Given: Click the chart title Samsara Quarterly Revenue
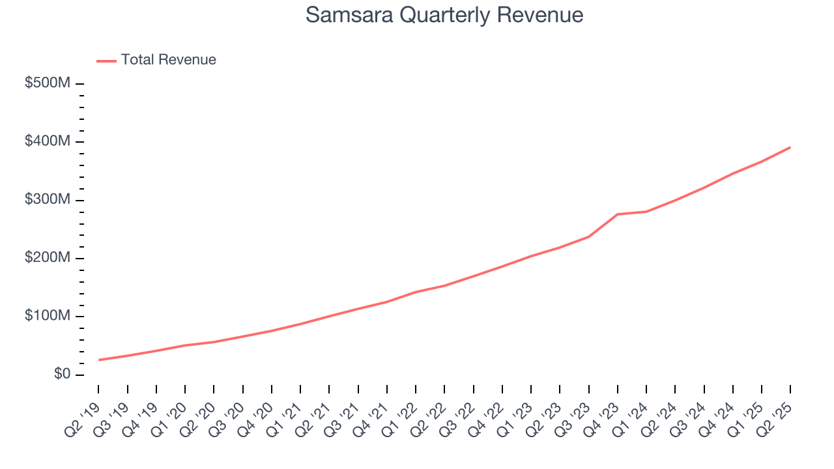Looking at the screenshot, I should [x=444, y=15].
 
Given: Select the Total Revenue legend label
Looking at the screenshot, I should [x=168, y=60].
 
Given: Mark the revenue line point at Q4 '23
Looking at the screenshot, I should [x=617, y=214].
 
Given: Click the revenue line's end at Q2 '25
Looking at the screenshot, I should [x=790, y=147].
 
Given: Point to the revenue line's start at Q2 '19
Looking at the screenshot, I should [x=99, y=360].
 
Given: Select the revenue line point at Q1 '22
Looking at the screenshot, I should [x=416, y=292].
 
